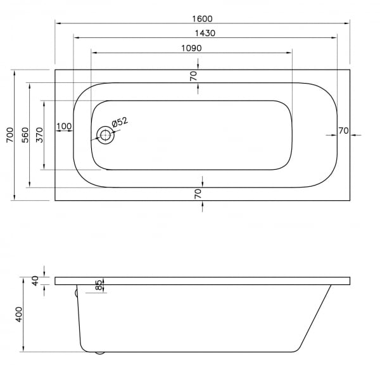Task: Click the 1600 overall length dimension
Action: [x=202, y=18]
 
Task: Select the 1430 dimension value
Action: [x=205, y=33]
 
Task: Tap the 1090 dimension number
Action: [x=191, y=48]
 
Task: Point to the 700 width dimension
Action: [x=10, y=135]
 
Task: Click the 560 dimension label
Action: [x=25, y=135]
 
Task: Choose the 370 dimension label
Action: [x=39, y=135]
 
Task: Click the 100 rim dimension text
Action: [x=64, y=126]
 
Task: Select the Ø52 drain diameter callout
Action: [x=120, y=122]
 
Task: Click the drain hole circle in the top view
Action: [x=105, y=136]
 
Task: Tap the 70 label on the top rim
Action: [x=194, y=77]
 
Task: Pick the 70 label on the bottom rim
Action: [x=198, y=194]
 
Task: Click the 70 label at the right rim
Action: [x=343, y=131]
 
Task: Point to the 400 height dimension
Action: [x=19, y=314]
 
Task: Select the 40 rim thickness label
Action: [x=35, y=281]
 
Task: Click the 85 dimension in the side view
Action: [x=99, y=285]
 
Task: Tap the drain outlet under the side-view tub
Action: [x=99, y=353]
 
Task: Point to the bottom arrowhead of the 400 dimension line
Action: [x=23, y=349]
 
